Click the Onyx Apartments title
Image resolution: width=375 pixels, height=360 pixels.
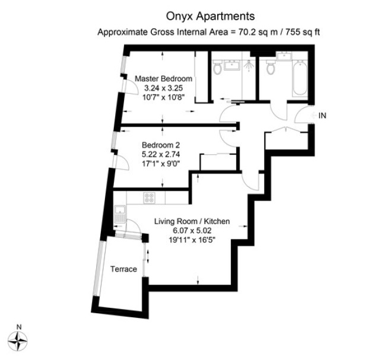point(210,17)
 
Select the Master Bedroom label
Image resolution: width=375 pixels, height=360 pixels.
point(163,79)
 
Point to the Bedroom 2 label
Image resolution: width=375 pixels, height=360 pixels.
point(161,145)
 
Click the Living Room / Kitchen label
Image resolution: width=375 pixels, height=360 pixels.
point(192,221)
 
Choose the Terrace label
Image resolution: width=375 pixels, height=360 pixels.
point(123,269)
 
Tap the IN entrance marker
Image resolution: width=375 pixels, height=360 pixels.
point(322,116)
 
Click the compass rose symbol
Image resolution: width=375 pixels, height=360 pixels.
point(17,342)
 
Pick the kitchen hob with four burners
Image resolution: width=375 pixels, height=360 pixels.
point(150,198)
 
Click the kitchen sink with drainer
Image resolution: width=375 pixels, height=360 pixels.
point(120,214)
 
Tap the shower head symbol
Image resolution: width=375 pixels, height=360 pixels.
point(249,65)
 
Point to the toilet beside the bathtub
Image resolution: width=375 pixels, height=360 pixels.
point(271,67)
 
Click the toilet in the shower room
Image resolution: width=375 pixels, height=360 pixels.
point(217,67)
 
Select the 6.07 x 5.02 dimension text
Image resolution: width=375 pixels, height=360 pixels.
point(192,231)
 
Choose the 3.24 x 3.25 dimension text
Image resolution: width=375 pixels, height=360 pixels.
point(163,88)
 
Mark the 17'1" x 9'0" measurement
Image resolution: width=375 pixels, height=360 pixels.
point(161,164)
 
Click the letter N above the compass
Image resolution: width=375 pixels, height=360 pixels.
point(19,327)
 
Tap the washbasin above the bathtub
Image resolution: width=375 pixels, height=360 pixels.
point(284,56)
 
